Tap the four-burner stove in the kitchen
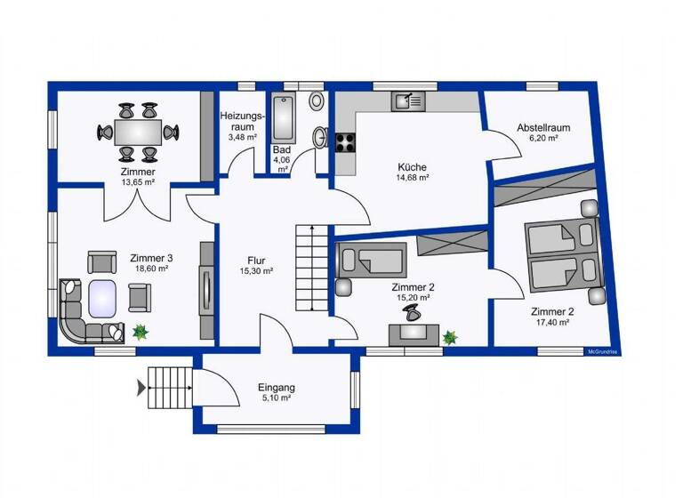pyautogui.click(x=345, y=142)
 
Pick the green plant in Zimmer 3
pyautogui.click(x=140, y=332)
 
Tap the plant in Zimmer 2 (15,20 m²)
pyautogui.click(x=450, y=337)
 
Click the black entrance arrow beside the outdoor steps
pyautogui.click(x=141, y=387)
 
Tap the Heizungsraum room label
pyautogui.click(x=242, y=122)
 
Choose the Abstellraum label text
pyautogui.click(x=543, y=128)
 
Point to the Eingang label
pyautogui.click(x=276, y=388)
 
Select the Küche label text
pyautogui.click(x=412, y=166)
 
